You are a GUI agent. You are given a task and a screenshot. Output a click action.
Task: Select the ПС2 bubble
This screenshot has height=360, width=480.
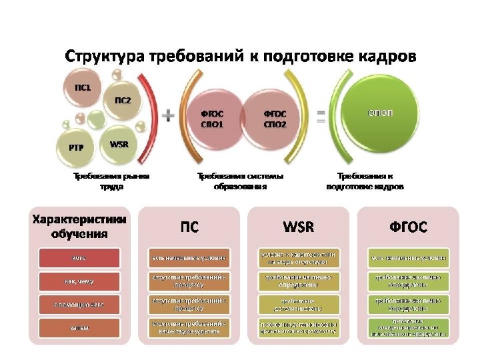(x=123, y=102)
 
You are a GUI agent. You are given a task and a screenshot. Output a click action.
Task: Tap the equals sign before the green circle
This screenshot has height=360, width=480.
(x=321, y=117)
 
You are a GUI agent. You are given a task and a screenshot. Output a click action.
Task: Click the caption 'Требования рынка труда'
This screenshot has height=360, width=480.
(x=111, y=181)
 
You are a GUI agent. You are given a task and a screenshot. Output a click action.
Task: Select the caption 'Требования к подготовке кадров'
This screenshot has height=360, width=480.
(x=365, y=181)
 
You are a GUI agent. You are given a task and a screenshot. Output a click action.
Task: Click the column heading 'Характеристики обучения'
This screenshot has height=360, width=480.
(x=79, y=225)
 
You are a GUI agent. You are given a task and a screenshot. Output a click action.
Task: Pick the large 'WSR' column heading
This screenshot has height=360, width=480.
(x=299, y=227)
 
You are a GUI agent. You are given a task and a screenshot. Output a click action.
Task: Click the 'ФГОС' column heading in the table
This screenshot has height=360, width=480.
(x=408, y=227)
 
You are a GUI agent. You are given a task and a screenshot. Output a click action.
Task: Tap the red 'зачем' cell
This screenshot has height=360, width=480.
(x=79, y=327)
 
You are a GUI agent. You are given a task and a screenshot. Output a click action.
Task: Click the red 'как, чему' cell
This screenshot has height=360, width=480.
(x=79, y=281)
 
